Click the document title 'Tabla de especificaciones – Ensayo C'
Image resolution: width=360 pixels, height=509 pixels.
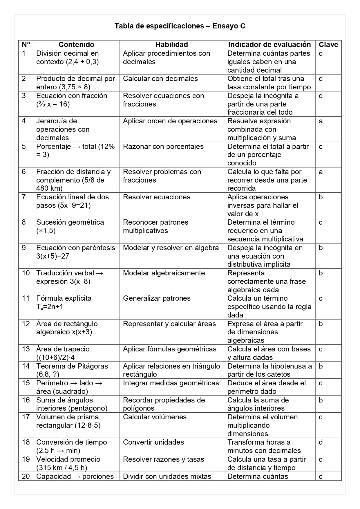tap(180, 26)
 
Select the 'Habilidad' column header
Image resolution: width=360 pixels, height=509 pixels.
tap(171, 44)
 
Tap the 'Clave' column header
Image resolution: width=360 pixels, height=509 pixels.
tap(328, 44)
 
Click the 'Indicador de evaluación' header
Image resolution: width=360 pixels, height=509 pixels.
tap(269, 44)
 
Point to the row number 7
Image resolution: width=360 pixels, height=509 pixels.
tap(24, 197)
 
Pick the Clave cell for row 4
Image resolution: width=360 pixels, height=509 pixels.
tap(321, 121)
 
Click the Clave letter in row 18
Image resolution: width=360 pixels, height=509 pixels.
tap(321, 442)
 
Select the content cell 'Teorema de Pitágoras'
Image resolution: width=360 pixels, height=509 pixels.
tap(72, 370)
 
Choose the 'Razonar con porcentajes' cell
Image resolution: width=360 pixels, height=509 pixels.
tap(163, 147)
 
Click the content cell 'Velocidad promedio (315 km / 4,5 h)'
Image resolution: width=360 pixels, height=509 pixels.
tap(68, 463)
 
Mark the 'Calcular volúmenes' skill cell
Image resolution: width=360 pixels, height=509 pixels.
tap(155, 417)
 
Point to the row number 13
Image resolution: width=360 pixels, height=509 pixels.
tap(26, 349)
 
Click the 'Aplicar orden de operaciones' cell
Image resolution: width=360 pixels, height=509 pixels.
tap(170, 121)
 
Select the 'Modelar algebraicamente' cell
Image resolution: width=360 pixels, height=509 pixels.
tap(164, 273)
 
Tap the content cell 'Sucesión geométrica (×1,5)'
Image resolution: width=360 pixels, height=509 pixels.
tap(70, 226)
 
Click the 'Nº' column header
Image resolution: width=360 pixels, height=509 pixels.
tap(26, 44)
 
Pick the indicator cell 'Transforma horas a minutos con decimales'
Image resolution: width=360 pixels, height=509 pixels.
tap(264, 446)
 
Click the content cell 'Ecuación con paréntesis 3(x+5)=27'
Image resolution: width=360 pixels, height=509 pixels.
tap(75, 252)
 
